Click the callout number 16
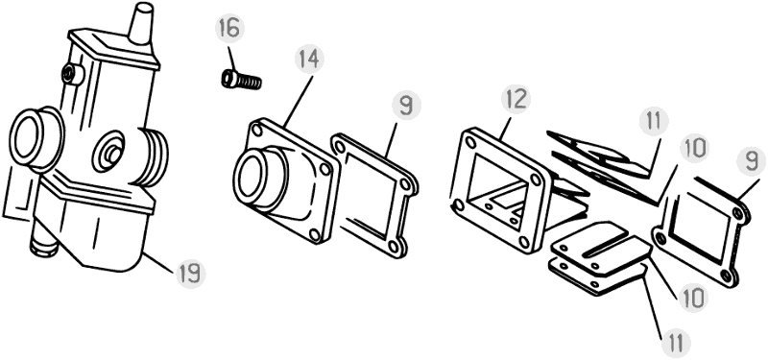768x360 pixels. (229, 29)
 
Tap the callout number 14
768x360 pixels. (309, 59)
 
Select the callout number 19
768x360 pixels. (190, 274)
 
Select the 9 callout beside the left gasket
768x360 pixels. (406, 107)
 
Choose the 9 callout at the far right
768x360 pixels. (752, 161)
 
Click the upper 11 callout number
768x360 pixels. (654, 121)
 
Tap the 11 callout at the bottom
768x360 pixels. (677, 344)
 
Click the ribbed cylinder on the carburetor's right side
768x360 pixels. (153, 156)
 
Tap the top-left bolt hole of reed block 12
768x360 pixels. (471, 142)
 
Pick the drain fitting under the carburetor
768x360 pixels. (44, 244)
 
